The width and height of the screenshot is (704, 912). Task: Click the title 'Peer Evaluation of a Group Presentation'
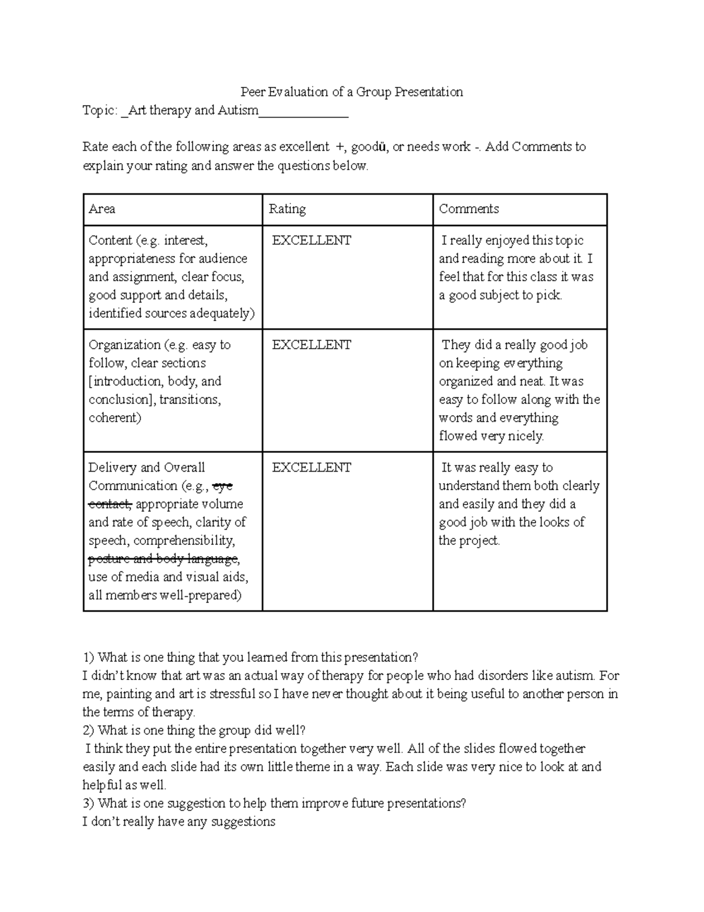[x=351, y=92]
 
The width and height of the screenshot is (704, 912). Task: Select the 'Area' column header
[x=101, y=209]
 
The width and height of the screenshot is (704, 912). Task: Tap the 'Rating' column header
[x=287, y=209]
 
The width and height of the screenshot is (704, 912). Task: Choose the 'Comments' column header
[x=469, y=209]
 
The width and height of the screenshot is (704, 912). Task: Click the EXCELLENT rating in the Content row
[x=311, y=240]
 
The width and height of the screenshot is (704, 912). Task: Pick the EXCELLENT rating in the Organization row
[x=311, y=345]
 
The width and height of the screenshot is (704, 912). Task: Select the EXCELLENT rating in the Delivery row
[x=311, y=467]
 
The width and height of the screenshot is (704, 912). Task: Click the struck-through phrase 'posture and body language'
[x=163, y=558]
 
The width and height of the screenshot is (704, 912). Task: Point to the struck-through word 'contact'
[x=110, y=504]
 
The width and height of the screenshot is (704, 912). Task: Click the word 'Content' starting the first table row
[x=110, y=240]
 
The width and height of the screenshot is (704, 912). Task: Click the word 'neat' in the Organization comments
[x=532, y=381]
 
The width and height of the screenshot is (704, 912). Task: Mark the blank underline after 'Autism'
[x=303, y=112]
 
